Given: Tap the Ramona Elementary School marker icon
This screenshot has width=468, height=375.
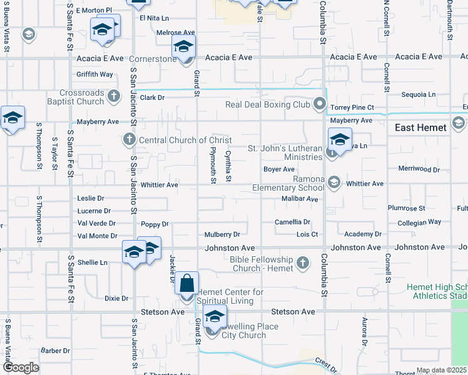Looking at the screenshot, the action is [334, 182].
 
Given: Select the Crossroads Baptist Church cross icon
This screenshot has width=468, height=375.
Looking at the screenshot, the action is [113, 96].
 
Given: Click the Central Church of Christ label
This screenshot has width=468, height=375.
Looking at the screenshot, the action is [185, 140].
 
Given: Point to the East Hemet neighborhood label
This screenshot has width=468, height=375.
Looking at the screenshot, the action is [420, 127].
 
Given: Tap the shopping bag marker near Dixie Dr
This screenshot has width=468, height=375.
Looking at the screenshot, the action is [187, 284].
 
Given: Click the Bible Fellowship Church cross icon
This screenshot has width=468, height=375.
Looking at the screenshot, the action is [303, 262].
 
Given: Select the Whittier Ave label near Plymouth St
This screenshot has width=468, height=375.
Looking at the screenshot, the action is [159, 185].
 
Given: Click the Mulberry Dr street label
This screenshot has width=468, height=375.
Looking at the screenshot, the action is [222, 235].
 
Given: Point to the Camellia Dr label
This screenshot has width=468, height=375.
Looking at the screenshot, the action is [293, 222].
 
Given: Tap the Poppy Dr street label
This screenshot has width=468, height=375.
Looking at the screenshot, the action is [155, 224].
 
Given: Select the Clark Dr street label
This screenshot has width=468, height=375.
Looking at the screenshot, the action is [152, 97].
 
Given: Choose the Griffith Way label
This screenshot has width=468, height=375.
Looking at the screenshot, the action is [94, 74].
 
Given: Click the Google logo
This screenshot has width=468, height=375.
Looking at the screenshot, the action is [21, 367].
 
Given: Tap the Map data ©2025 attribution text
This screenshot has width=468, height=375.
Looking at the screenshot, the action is [442, 371].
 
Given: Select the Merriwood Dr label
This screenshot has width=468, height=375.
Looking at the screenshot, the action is [419, 169].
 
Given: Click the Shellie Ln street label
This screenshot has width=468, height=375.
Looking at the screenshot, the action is [91, 262].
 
